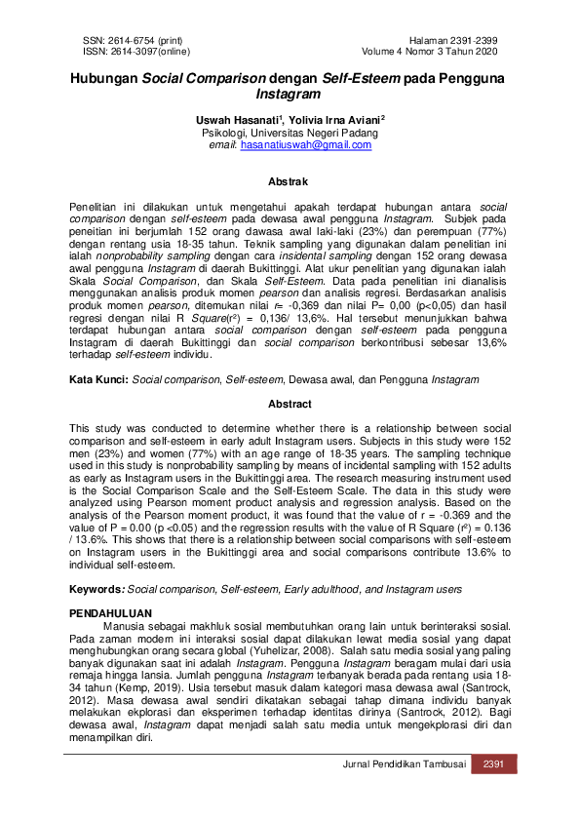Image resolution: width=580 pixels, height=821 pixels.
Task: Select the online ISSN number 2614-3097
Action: (x=142, y=51)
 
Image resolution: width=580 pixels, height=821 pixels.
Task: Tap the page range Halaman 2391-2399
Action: (x=456, y=40)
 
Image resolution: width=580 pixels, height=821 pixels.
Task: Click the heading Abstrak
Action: (x=290, y=181)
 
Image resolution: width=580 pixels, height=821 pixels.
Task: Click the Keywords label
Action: (x=97, y=590)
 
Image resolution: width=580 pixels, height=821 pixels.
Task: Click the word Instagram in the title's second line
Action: (x=290, y=97)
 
